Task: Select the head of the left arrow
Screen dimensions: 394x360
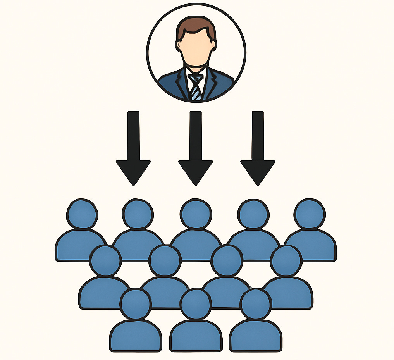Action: (x=133, y=171)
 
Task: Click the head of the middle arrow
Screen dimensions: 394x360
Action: (x=196, y=171)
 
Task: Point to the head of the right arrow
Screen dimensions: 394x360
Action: (x=258, y=171)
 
